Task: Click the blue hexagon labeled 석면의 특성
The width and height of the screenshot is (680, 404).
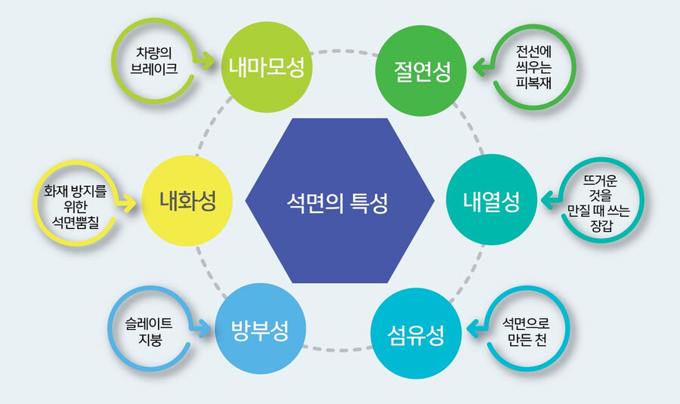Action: pos(340,201)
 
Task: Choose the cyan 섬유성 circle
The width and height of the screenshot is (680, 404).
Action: pos(416,333)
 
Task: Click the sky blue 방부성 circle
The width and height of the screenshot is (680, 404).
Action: pos(258,330)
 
